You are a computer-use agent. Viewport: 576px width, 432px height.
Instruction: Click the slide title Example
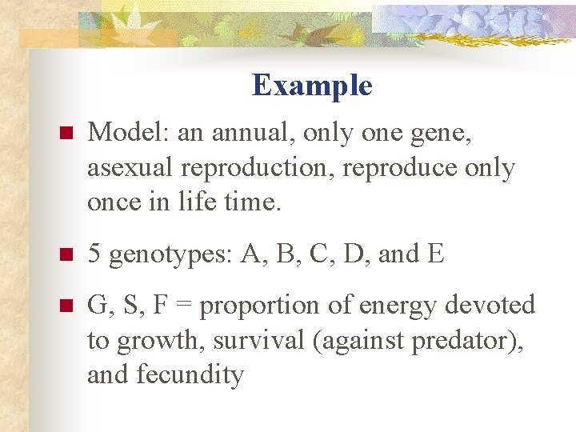click(312, 85)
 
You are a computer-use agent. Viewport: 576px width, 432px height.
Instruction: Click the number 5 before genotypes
click(94, 254)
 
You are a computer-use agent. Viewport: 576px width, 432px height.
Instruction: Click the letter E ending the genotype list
click(435, 254)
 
